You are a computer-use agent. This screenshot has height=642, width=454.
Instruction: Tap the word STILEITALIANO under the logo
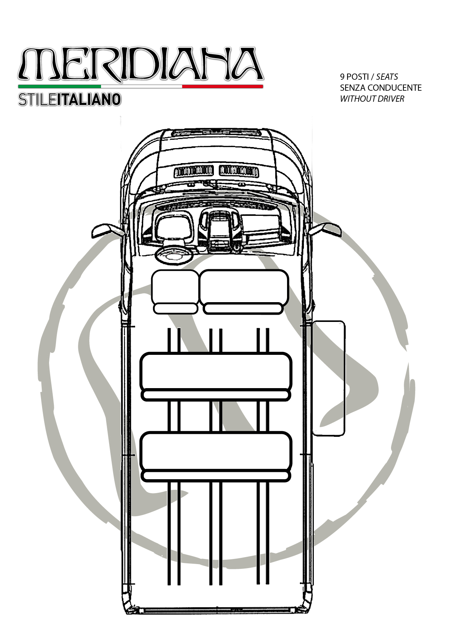pos(70,99)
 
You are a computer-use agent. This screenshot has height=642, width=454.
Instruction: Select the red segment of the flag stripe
pos(223,86)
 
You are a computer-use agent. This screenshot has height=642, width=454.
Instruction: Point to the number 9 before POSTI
pos(342,77)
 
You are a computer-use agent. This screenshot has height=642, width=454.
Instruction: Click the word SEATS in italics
pos(387,77)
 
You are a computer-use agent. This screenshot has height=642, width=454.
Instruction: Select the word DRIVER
pos(392,99)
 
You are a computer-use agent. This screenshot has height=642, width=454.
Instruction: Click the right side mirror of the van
pos(325,229)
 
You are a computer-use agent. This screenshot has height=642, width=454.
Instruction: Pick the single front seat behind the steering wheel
pos(175,292)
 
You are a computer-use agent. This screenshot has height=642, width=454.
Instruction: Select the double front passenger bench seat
pos(244,292)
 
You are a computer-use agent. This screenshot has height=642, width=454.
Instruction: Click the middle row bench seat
pos(216,376)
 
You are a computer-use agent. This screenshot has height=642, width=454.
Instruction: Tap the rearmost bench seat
pos(216,456)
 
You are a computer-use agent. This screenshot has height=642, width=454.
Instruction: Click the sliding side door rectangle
pos(328,378)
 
